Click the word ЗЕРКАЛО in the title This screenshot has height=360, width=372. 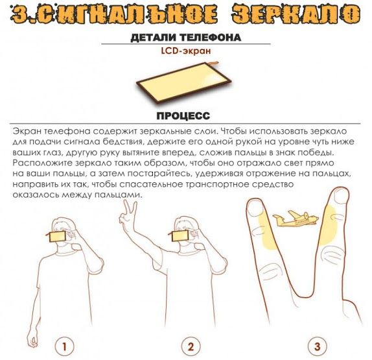pos(296,14)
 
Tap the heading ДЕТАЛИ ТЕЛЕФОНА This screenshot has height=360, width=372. pos(186,38)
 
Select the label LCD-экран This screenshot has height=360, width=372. pos(186,51)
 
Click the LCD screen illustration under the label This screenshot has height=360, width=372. pos(183,82)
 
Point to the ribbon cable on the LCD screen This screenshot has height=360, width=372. pos(213,63)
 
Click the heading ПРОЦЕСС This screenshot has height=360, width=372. pos(183,115)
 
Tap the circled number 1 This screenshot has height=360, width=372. pos(64,346)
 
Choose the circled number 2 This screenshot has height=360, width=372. pos(191,346)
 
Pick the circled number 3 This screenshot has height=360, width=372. pos(317,346)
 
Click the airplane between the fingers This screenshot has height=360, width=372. pos(296,218)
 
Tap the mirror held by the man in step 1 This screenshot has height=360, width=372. pos(58,236)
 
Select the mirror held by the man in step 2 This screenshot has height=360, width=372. pos(180,236)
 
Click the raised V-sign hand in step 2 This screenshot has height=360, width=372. pos(128,215)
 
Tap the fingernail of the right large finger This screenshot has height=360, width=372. pos(341,196)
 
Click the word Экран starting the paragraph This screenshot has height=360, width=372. pos(26,131)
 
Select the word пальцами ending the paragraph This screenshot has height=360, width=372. pos(119,195)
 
